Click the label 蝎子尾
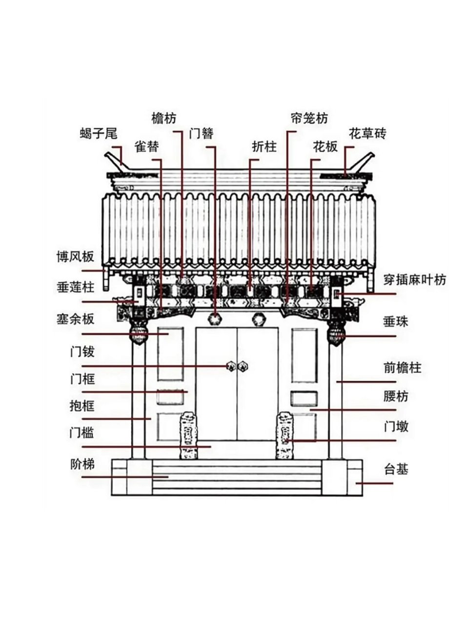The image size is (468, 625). (99, 133)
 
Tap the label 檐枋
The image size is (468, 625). (164, 118)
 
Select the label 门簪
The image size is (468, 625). (201, 133)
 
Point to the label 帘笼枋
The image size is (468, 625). (308, 118)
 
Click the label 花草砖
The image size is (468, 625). (367, 133)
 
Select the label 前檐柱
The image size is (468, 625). (402, 367)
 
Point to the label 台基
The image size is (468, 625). (396, 470)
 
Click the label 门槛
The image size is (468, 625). (81, 433)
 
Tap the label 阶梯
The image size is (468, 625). (81, 464)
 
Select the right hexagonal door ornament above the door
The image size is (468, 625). (258, 319)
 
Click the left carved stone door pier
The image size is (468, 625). (188, 436)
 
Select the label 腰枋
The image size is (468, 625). (396, 396)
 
